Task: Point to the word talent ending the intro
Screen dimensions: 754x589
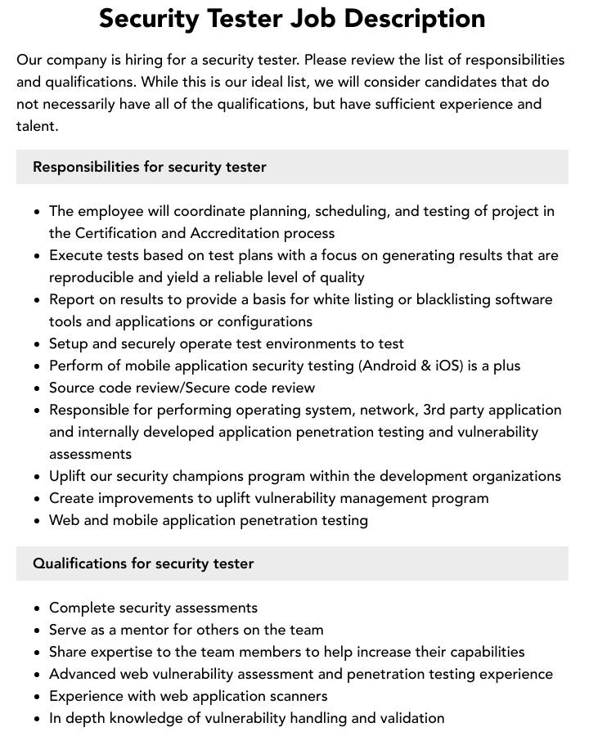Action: coord(36,126)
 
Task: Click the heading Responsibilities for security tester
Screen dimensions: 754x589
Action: coord(150,167)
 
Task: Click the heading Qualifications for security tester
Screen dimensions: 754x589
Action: coord(143,563)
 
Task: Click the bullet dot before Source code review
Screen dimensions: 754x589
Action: coord(37,388)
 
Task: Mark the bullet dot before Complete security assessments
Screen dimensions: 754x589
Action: coord(37,608)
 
